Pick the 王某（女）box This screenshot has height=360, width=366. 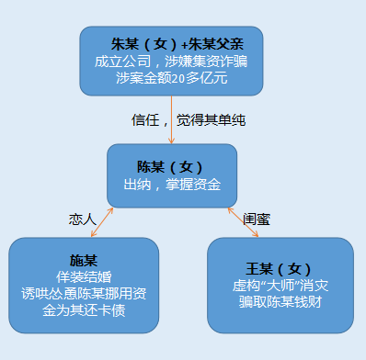(x=280, y=284)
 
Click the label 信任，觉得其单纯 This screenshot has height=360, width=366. (x=204, y=120)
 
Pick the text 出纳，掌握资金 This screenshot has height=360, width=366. (x=172, y=185)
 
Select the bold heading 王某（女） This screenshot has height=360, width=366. (x=280, y=267)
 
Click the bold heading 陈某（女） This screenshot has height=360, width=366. (x=172, y=166)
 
